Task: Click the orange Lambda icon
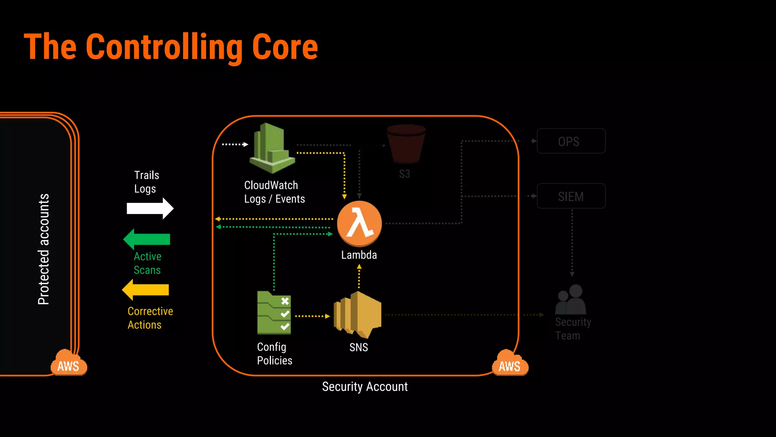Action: (359, 224)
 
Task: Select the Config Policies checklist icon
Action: (274, 313)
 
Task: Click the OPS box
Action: (571, 141)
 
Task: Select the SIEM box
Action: (571, 196)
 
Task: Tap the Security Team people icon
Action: (571, 300)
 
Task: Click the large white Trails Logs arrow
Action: (150, 208)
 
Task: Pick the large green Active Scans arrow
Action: (147, 239)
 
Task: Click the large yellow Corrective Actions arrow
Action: (145, 290)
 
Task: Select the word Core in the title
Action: (285, 47)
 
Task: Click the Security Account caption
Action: (365, 387)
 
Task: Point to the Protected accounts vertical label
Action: (44, 249)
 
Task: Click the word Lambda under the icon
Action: (359, 255)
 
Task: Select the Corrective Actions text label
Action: (150, 318)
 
